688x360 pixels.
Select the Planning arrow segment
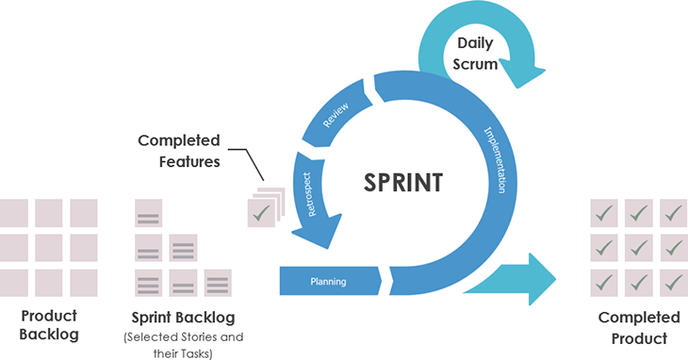tap(329, 281)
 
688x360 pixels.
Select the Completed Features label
tap(179, 150)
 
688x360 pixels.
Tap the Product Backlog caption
tap(49, 324)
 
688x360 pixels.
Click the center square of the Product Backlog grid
tap(49, 248)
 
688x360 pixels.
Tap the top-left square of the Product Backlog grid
tap(14, 213)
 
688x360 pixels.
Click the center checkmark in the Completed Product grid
tap(638, 248)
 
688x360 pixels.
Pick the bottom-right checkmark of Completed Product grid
tap(673, 283)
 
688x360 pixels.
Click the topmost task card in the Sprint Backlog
tap(148, 214)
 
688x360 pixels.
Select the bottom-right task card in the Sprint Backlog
tap(218, 283)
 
